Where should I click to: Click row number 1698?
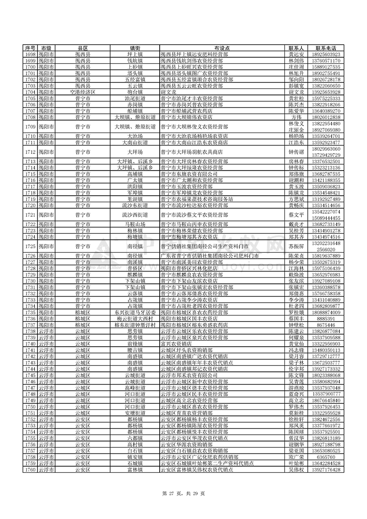pos(30,54)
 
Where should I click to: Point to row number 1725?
pos(30,247)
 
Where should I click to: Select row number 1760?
pos(30,469)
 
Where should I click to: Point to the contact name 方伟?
pos(296,117)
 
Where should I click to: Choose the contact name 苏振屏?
pos(296,247)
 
